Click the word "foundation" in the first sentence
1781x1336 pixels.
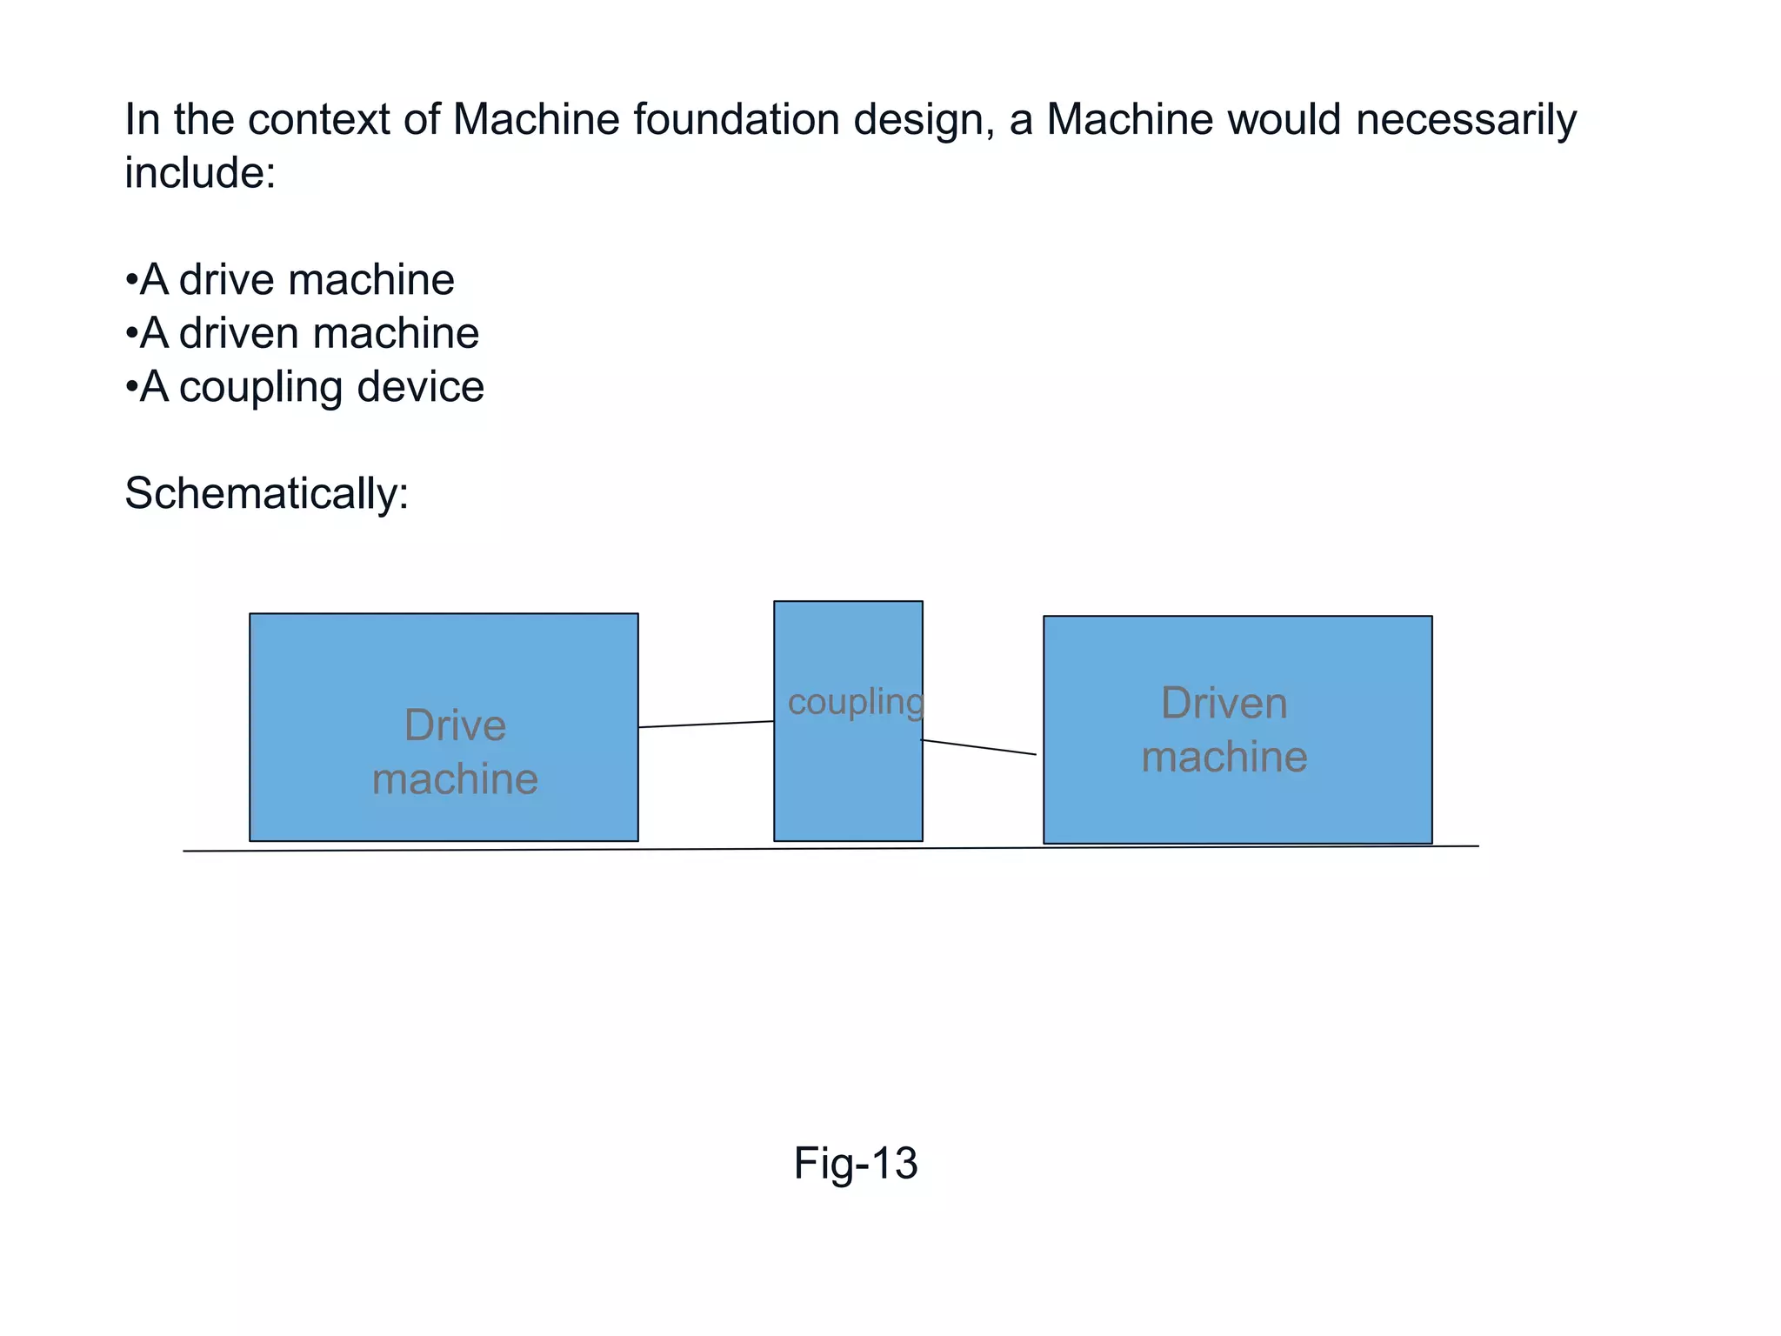pos(735,119)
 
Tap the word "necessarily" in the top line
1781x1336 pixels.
pos(1465,119)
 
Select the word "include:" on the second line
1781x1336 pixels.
pos(200,172)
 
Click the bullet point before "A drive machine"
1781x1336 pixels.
pos(131,281)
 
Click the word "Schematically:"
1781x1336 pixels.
pos(266,493)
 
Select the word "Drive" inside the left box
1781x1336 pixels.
pos(455,725)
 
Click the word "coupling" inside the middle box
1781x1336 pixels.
pos(854,702)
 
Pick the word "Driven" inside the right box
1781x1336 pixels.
pos(1224,703)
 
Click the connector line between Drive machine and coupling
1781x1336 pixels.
pos(706,724)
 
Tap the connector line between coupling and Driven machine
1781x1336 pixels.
pos(978,747)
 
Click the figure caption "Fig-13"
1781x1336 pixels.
pos(855,1163)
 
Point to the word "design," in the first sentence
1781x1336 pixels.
pos(924,119)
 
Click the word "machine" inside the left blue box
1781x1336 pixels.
pos(455,778)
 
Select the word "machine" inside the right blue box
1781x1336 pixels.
pos(1224,757)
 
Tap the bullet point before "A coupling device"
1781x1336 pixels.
pos(131,387)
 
